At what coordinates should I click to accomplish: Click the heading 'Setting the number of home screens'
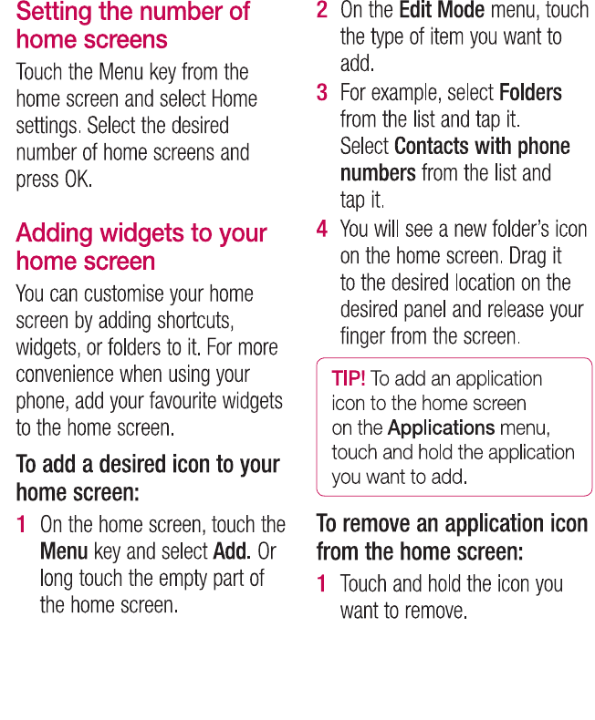pyautogui.click(x=132, y=26)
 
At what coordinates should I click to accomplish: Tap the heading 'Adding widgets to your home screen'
pyautogui.click(x=141, y=247)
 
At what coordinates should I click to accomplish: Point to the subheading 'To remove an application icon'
pyautogui.click(x=452, y=537)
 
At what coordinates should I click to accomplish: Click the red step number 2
pyautogui.click(x=322, y=11)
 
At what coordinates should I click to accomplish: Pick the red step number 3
pyautogui.click(x=322, y=93)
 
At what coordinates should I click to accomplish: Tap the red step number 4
pyautogui.click(x=322, y=229)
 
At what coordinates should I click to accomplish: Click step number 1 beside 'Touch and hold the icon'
pyautogui.click(x=322, y=583)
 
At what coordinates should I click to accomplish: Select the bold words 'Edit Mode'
pyautogui.click(x=442, y=11)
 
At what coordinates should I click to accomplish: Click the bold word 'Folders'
pyautogui.click(x=530, y=93)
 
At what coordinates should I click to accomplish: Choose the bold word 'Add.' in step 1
pyautogui.click(x=232, y=551)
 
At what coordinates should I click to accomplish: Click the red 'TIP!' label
pyautogui.click(x=349, y=378)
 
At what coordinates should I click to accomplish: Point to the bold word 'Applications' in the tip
pyautogui.click(x=441, y=427)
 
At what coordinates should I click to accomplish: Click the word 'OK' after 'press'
pyautogui.click(x=78, y=179)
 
